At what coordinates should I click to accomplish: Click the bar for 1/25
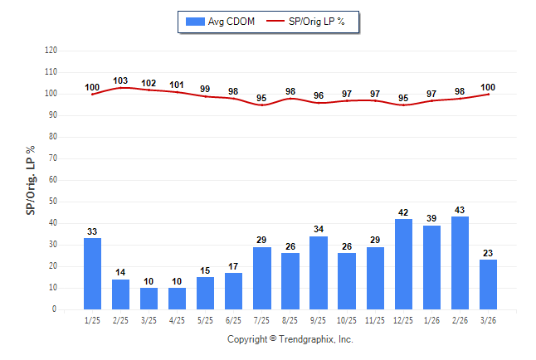pos(92,274)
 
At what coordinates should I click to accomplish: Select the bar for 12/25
pos(403,264)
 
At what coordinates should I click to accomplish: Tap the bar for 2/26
pos(460,263)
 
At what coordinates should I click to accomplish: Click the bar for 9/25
pos(319,273)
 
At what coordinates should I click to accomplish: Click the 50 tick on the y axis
pos(52,202)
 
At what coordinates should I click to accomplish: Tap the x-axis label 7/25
pos(261,320)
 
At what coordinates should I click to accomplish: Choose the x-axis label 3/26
pos(488,320)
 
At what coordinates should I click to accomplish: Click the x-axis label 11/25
pos(375,320)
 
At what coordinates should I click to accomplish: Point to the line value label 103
pos(120,80)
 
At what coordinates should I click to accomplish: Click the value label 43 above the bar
pos(460,210)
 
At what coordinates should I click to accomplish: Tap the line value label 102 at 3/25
pos(149,83)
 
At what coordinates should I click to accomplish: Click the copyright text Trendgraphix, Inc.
pos(290,339)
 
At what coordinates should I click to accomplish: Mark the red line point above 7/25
pos(261,105)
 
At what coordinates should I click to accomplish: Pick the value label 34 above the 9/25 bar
pos(319,230)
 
